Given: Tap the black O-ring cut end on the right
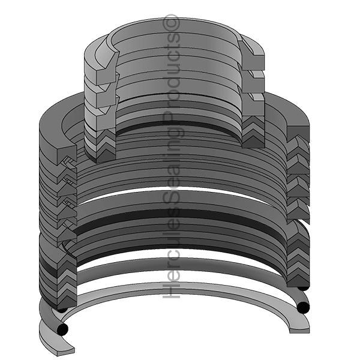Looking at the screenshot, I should (303, 308).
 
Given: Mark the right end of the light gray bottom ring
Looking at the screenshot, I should (299, 326).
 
